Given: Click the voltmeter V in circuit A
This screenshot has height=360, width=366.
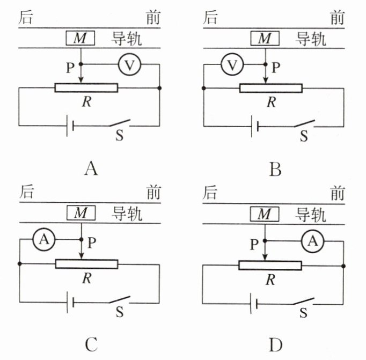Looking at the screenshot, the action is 130,64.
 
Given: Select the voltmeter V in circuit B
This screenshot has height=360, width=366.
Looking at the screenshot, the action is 232,64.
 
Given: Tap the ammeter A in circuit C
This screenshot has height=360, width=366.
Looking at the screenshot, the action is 44,239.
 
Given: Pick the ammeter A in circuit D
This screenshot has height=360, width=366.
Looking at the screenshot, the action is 313,241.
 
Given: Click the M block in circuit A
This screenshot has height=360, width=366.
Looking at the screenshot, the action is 80,38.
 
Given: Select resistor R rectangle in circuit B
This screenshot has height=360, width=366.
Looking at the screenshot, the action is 271,88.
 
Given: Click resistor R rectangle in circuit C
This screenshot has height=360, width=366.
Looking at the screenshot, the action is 86,264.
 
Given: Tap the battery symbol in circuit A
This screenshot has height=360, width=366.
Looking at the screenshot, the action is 70,126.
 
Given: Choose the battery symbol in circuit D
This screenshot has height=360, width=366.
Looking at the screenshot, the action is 254,304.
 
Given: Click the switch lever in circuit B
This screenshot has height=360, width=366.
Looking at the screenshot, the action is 304,123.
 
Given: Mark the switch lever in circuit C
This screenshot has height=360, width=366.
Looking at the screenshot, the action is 120,299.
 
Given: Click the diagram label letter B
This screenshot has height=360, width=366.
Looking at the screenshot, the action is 275,170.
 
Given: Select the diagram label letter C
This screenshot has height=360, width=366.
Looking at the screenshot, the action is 91,344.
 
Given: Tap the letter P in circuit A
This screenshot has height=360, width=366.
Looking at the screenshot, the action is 70,68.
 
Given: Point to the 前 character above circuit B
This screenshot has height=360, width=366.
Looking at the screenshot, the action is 338,18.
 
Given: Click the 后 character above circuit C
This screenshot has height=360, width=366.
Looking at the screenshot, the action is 27,192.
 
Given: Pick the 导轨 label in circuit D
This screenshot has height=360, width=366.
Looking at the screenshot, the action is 311,215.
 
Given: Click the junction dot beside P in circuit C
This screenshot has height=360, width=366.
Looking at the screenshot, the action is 81,239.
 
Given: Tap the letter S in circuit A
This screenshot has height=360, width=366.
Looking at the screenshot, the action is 120,135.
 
